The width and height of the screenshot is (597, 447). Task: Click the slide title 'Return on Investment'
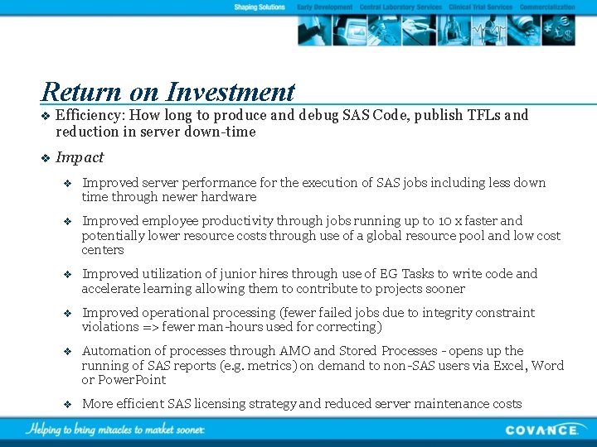coord(167,91)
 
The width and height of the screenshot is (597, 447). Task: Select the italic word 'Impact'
coord(80,157)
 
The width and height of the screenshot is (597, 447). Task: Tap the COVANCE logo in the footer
coord(542,430)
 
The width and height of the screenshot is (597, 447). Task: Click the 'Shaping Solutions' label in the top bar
coord(260,7)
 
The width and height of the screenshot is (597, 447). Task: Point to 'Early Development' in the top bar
coord(324,7)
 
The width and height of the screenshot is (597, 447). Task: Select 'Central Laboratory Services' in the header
coord(400,7)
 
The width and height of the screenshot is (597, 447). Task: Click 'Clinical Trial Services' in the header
coord(480,7)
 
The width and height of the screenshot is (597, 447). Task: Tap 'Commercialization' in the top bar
coord(547,7)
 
